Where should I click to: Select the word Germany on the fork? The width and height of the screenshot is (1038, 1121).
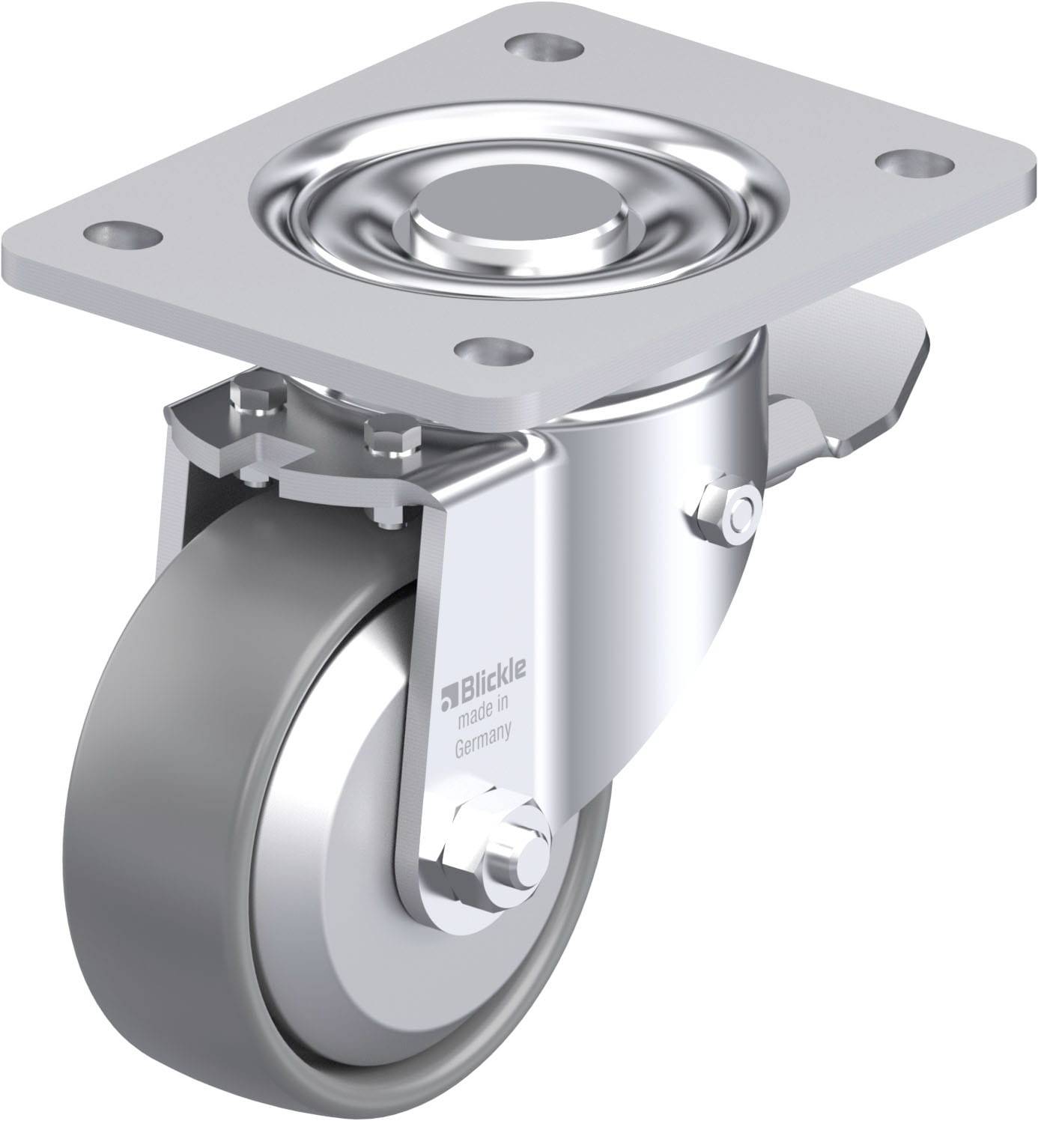[x=483, y=732]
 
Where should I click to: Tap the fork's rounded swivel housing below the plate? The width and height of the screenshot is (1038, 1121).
[x=644, y=464]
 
